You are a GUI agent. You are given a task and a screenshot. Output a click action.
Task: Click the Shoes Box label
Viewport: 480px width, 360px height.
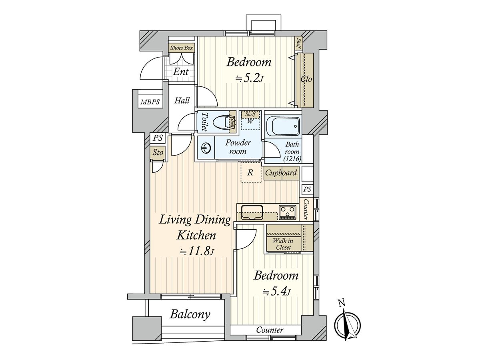click(x=182, y=48)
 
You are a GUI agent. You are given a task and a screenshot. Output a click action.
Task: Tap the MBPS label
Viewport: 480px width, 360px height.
click(x=150, y=102)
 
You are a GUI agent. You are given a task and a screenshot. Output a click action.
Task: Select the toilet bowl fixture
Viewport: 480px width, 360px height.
click(x=221, y=122)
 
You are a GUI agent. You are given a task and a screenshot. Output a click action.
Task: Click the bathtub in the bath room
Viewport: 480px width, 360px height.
click(x=283, y=126)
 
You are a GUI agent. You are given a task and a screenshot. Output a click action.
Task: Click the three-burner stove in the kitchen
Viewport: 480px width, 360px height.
click(x=287, y=212)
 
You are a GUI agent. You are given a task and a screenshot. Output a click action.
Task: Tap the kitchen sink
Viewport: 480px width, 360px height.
click(x=252, y=212)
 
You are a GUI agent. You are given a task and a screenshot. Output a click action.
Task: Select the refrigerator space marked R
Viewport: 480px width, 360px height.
click(x=251, y=172)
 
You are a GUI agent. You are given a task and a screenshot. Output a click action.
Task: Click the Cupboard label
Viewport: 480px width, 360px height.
click(x=281, y=173)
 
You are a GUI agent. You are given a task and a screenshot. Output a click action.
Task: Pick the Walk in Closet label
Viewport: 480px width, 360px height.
click(x=283, y=244)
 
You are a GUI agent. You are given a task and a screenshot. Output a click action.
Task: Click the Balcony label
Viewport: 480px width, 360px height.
click(x=190, y=314)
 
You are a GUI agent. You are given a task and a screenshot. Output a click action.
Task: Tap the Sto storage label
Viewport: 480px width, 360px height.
click(x=158, y=152)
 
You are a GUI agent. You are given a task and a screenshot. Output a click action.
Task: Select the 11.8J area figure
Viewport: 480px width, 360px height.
click(x=196, y=251)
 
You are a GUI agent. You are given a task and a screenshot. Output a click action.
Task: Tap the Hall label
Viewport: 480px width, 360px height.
click(x=182, y=100)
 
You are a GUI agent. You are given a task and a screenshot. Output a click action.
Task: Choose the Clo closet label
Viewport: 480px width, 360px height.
click(x=306, y=79)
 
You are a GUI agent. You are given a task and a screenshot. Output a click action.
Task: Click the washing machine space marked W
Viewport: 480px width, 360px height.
click(x=250, y=121)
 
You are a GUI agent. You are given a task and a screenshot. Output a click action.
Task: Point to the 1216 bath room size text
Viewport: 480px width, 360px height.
click(x=292, y=159)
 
